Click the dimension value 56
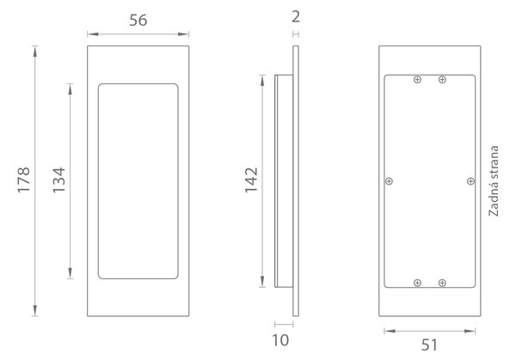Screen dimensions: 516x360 (138, 21)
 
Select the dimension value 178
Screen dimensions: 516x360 (24, 180)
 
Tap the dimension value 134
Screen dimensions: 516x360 (59, 180)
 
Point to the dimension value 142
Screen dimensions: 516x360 (251, 180)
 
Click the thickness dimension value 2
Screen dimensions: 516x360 (296, 16)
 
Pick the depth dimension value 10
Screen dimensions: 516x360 (280, 340)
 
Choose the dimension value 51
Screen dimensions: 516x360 (429, 345)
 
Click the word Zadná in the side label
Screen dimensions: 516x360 (494, 202)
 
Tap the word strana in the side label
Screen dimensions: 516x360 (494, 165)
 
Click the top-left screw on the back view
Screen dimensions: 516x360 (417, 79)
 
